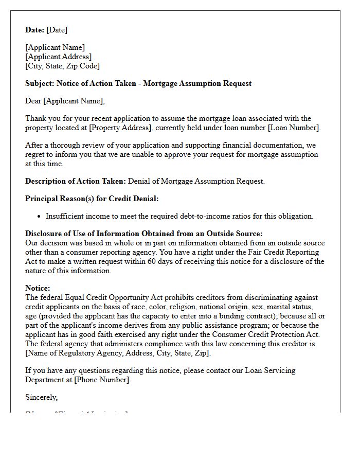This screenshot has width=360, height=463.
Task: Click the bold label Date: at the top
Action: click(x=34, y=30)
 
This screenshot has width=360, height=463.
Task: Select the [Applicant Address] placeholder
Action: click(x=59, y=57)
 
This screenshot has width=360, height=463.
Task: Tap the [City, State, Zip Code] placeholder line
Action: click(x=63, y=66)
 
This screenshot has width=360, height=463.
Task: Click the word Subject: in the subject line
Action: click(x=40, y=83)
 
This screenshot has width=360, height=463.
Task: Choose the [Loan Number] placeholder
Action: click(x=294, y=128)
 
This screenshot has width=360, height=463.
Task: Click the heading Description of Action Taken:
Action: click(x=75, y=181)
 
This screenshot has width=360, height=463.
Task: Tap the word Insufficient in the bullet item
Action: click(x=64, y=217)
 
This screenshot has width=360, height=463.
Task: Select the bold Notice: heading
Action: click(x=38, y=289)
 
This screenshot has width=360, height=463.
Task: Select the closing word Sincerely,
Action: click(x=41, y=397)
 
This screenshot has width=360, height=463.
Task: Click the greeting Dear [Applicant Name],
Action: click(x=65, y=101)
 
